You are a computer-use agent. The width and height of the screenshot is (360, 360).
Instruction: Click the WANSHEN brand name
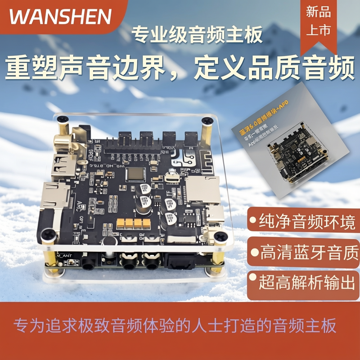[x=60, y=17]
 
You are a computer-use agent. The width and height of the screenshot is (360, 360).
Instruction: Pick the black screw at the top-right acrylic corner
[x=207, y=121]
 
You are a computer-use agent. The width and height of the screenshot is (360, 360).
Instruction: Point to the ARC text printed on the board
[x=84, y=203]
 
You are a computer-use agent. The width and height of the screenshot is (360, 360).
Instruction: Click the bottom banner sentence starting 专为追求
[x=175, y=325]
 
